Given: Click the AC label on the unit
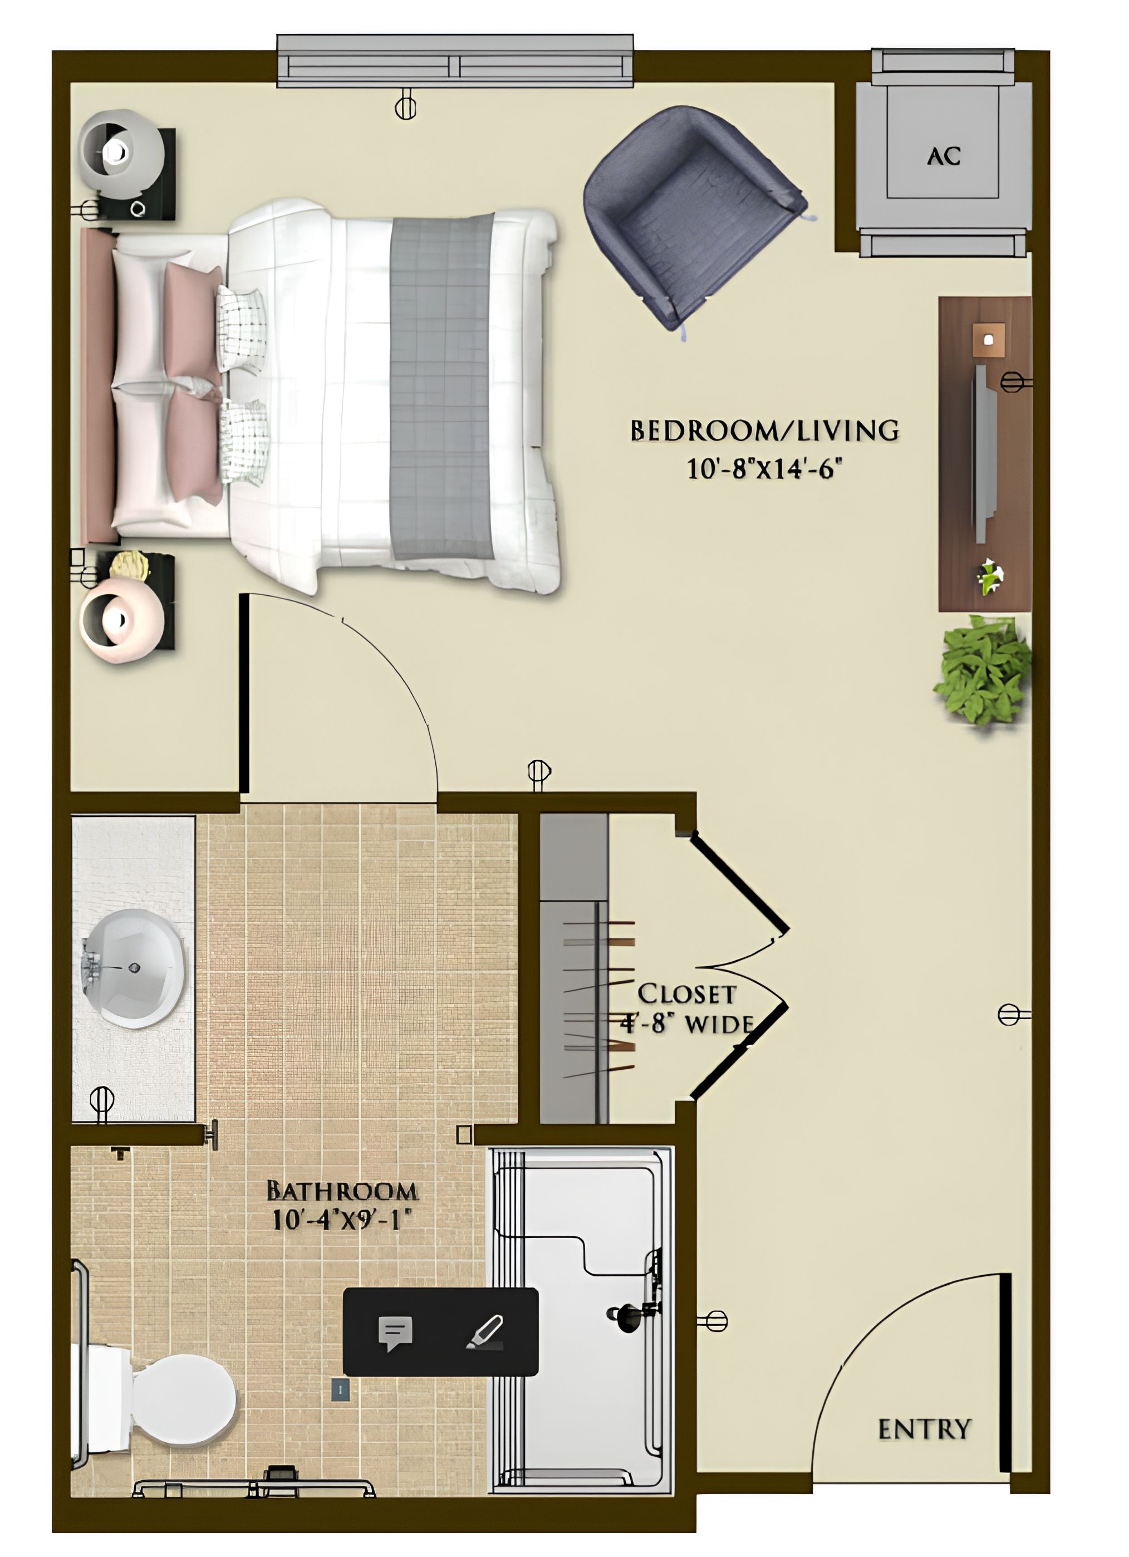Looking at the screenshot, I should click(943, 156).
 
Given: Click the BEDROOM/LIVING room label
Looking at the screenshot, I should click(764, 430).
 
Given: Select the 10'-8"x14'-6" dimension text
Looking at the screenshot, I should click(764, 469).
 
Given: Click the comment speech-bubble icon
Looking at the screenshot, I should click(395, 1333).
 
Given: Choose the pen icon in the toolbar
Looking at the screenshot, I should click(485, 1333).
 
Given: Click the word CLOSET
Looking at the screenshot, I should click(686, 993).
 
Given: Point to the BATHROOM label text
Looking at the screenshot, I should click(341, 1189).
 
